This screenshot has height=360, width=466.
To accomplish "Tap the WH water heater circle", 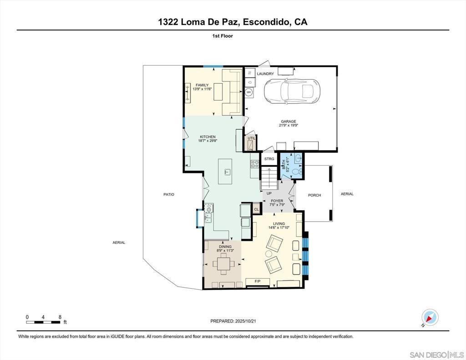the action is (x=249, y=92).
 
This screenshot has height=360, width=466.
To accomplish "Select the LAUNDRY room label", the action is (x=265, y=74).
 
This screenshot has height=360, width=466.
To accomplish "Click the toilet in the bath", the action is (x=297, y=172).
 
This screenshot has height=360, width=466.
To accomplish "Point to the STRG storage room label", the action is (x=269, y=159).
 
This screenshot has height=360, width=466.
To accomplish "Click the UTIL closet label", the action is (x=251, y=138).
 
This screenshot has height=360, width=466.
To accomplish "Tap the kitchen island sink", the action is (x=228, y=172).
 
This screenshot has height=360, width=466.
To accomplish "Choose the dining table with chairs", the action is (x=223, y=264).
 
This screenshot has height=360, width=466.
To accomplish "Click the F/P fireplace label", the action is (x=258, y=281).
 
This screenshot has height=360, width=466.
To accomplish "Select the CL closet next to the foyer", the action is (x=257, y=209).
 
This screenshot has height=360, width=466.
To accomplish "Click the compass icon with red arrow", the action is (x=430, y=318).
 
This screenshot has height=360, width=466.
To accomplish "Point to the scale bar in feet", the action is (x=43, y=322).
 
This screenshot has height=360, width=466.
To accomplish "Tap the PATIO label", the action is (x=169, y=194).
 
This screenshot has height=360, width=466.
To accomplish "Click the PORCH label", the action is (x=314, y=195).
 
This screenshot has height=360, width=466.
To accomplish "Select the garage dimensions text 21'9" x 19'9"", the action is (x=289, y=126).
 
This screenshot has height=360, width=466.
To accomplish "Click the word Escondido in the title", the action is (x=266, y=22).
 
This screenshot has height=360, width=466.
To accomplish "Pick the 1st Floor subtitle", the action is (x=223, y=36).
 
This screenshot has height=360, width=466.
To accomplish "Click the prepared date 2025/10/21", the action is (x=245, y=321).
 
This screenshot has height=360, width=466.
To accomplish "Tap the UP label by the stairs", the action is (x=269, y=193).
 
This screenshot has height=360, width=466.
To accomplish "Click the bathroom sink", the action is (x=298, y=158).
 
